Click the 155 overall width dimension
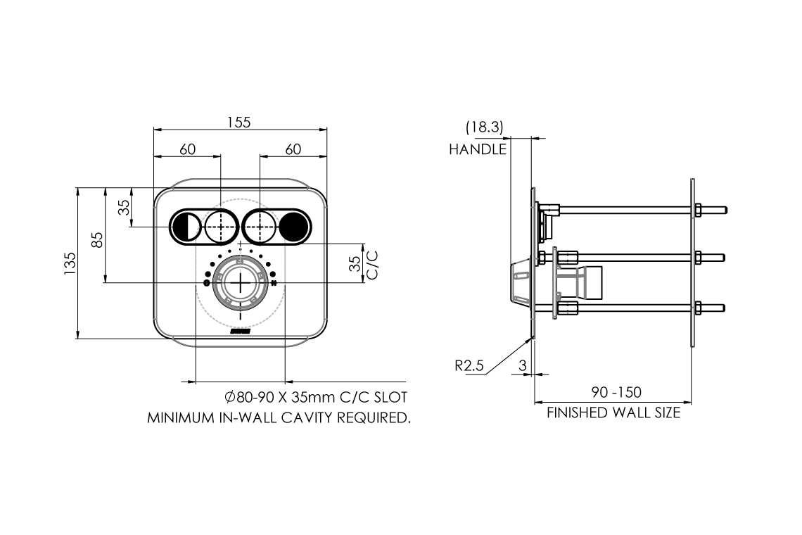pyautogui.click(x=239, y=122)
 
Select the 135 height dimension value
pyautogui.click(x=70, y=263)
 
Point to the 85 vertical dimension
pyautogui.click(x=98, y=239)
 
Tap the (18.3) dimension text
pyautogui.click(x=484, y=128)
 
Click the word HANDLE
pyautogui.click(x=478, y=149)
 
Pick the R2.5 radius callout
pyautogui.click(x=469, y=366)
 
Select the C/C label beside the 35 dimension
pyautogui.click(x=373, y=264)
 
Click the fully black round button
pyautogui.click(x=293, y=226)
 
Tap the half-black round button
pyautogui.click(x=185, y=226)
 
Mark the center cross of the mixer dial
pyautogui.click(x=240, y=282)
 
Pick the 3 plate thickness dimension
pyautogui.click(x=522, y=366)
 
